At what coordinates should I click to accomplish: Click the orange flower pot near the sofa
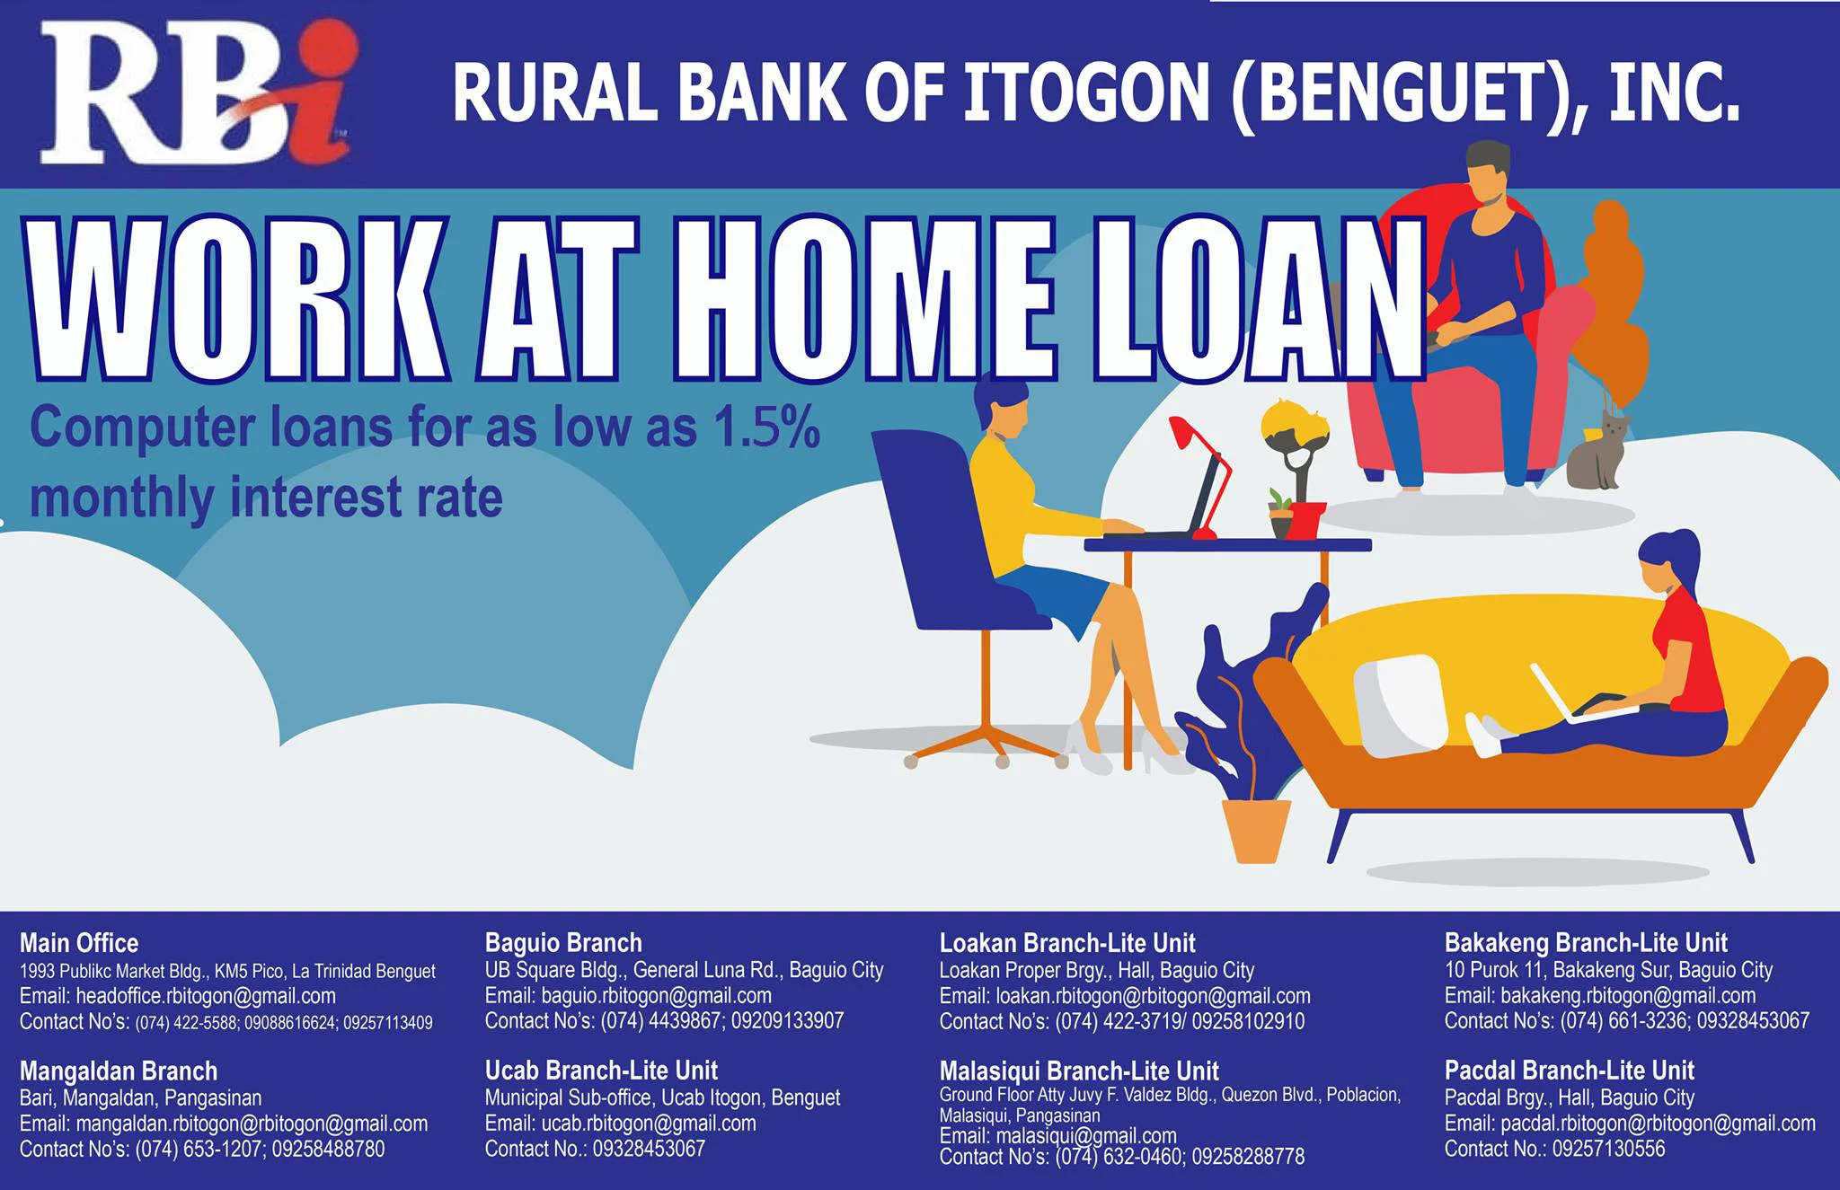(x=1256, y=831)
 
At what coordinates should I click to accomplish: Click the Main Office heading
(x=79, y=943)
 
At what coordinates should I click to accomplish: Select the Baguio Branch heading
(x=563, y=943)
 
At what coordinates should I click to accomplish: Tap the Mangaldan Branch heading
(x=119, y=1071)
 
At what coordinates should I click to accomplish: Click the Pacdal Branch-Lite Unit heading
(x=1569, y=1071)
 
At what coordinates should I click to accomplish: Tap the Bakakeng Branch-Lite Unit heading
(x=1586, y=943)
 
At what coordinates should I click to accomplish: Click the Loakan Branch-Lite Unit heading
(x=1067, y=943)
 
